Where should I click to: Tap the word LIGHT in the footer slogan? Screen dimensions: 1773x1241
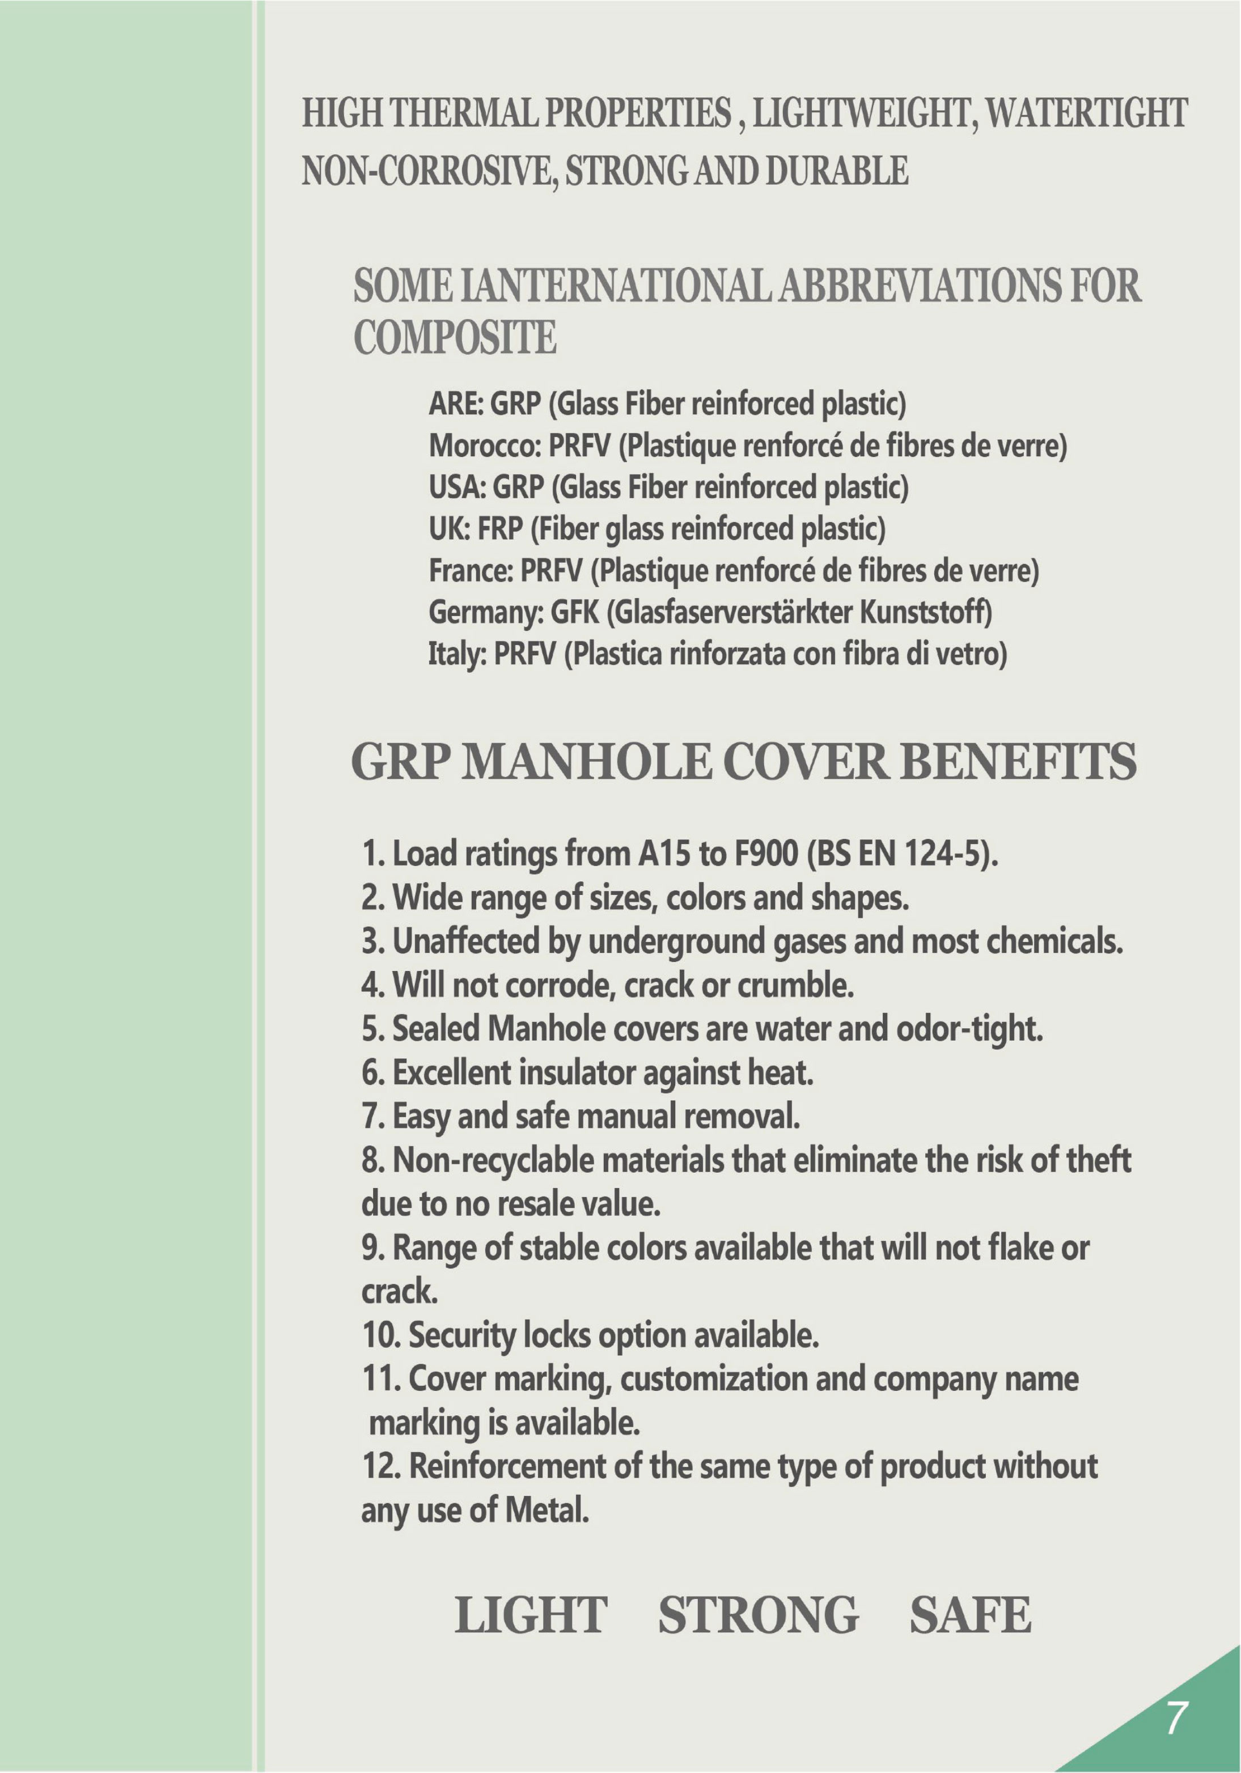tap(531, 1615)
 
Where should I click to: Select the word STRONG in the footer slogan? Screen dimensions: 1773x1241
tap(757, 1615)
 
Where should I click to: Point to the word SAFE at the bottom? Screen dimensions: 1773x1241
tap(970, 1615)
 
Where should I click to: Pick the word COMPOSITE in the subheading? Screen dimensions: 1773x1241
tap(455, 337)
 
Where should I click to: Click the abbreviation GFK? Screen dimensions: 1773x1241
tap(574, 612)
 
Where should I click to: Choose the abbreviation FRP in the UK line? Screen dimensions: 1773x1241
tap(501, 529)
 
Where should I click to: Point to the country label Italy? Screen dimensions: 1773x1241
tap(456, 655)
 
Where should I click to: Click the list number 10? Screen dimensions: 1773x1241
tap(380, 1334)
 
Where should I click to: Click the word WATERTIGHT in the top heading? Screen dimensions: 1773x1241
tap(1087, 113)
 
